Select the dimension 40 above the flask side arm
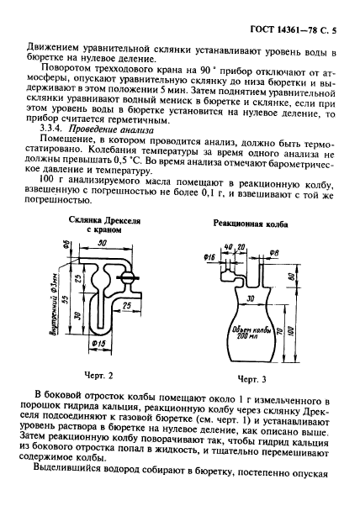pyautogui.click(x=229, y=246)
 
